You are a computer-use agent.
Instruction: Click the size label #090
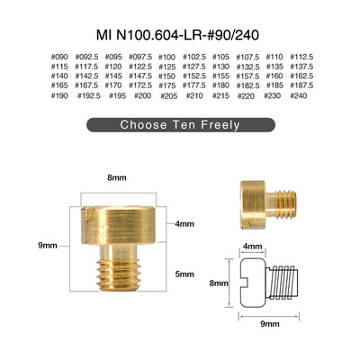(x=59, y=57)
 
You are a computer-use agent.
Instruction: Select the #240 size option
(x=299, y=95)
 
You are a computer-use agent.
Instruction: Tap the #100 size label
(x=166, y=57)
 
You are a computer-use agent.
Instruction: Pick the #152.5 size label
(x=194, y=76)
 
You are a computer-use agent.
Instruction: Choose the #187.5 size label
(x=301, y=85)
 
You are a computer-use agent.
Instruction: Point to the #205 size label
(x=169, y=96)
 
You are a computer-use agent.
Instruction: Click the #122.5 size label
(x=140, y=67)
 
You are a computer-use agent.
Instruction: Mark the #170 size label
(x=113, y=85)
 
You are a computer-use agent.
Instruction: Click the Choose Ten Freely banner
(x=181, y=125)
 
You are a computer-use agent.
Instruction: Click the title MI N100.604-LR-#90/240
(x=177, y=35)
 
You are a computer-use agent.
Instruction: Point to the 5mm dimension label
(x=184, y=274)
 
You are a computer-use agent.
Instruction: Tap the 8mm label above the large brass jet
(x=117, y=177)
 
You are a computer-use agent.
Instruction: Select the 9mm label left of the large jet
(x=48, y=246)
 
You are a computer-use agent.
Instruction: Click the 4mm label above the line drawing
(x=252, y=247)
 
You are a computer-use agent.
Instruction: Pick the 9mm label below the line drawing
(x=270, y=324)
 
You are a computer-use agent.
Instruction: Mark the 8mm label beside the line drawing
(x=219, y=283)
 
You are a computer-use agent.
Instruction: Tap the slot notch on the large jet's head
(x=88, y=213)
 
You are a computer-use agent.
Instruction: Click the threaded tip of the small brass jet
(x=285, y=203)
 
